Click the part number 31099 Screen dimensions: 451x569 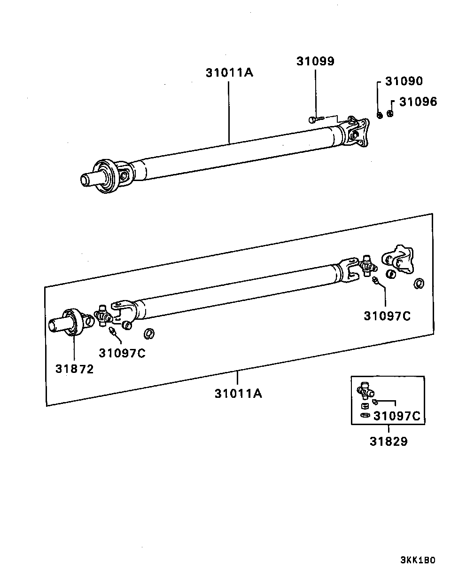click(315, 61)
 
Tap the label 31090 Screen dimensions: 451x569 click(404, 81)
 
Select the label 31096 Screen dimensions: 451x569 click(418, 102)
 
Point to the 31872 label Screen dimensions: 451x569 click(75, 369)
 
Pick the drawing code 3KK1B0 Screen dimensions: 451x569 click(418, 560)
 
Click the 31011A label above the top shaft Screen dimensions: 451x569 click(230, 72)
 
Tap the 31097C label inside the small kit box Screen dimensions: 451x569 click(397, 416)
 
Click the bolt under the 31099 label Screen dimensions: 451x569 click(315, 119)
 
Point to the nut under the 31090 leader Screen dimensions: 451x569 click(380, 115)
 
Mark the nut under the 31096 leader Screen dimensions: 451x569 click(390, 114)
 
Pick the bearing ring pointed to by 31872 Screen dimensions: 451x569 click(71, 322)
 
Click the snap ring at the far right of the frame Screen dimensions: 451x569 click(419, 284)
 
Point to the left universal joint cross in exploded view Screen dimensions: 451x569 click(103, 316)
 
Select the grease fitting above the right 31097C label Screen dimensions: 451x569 click(375, 281)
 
